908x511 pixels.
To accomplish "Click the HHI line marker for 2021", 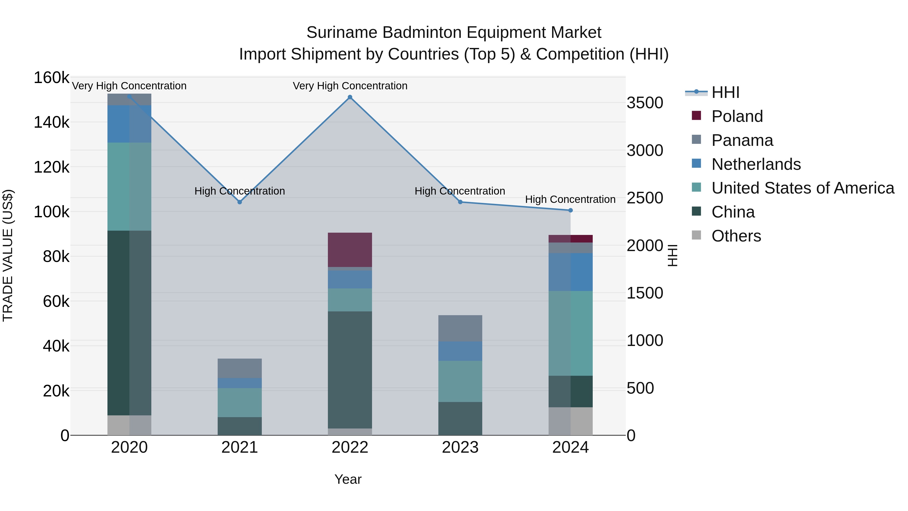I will pyautogui.click(x=240, y=202).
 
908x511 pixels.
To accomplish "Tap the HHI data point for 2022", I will pyautogui.click(x=350, y=97).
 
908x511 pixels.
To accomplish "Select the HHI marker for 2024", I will pyautogui.click(x=571, y=210).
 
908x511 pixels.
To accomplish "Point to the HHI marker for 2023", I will pyautogui.click(x=460, y=202).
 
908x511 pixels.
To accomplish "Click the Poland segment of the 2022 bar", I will pyautogui.click(x=350, y=250).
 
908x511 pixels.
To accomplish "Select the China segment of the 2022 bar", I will pyautogui.click(x=350, y=370).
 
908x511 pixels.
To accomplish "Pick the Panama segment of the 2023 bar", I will pyautogui.click(x=460, y=328).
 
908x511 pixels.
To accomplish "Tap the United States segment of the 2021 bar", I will pyautogui.click(x=240, y=402).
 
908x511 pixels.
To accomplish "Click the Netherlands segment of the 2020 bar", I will pyautogui.click(x=129, y=124).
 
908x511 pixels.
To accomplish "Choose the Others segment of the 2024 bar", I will pyautogui.click(x=571, y=421).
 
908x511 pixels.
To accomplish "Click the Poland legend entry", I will pyautogui.click(x=737, y=116).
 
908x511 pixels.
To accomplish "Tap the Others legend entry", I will pyautogui.click(x=736, y=236).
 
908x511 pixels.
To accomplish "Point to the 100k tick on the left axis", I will pyautogui.click(x=51, y=212).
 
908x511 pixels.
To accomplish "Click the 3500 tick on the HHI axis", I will pyautogui.click(x=645, y=103).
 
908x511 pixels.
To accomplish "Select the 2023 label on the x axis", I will pyautogui.click(x=460, y=447).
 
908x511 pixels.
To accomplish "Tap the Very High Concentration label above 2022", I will pyautogui.click(x=350, y=86).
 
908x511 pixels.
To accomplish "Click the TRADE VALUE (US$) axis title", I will pyautogui.click(x=8, y=255).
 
